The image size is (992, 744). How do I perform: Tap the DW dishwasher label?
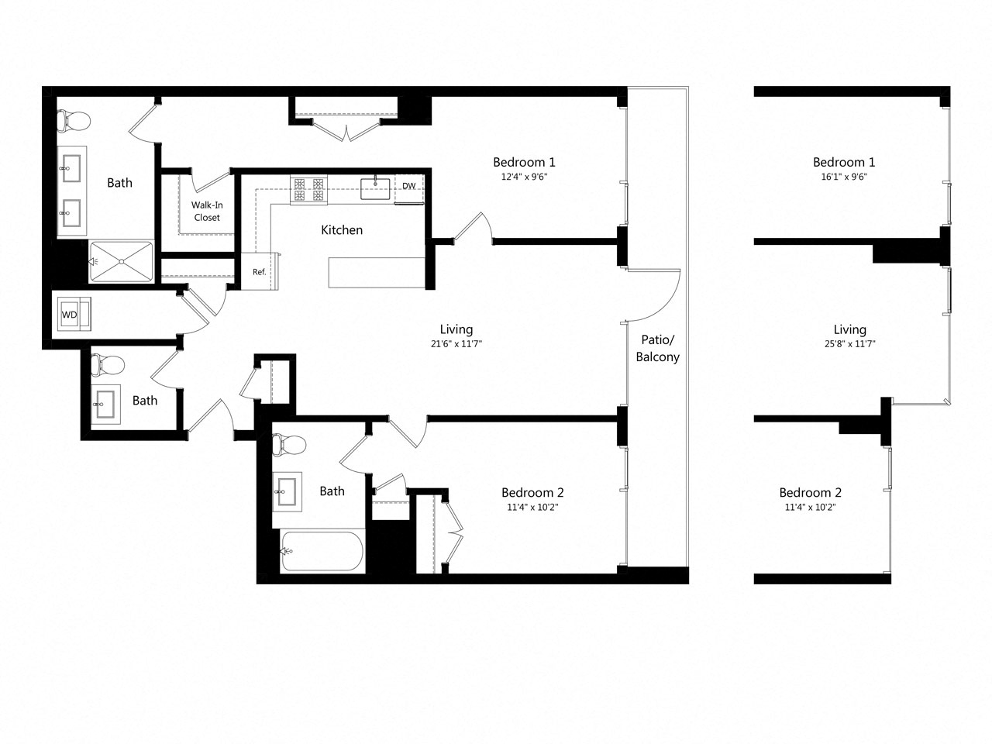(x=408, y=186)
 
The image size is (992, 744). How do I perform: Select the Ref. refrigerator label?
(x=259, y=272)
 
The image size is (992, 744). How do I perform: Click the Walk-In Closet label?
(x=207, y=211)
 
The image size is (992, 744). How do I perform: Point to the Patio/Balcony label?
(x=657, y=348)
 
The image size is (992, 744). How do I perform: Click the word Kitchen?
(x=342, y=229)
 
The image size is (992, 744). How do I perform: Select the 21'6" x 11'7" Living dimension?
(x=456, y=343)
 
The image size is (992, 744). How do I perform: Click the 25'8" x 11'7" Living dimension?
(x=849, y=343)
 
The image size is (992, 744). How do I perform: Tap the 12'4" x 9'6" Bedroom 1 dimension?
(x=524, y=176)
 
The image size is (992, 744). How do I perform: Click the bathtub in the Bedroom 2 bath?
(x=322, y=551)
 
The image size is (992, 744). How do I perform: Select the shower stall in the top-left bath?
(x=121, y=261)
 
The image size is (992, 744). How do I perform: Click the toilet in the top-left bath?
(x=74, y=120)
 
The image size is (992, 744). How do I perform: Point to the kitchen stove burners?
(x=308, y=190)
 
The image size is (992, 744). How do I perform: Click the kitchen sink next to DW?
(x=375, y=188)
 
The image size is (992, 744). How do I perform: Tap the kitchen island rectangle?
(x=377, y=272)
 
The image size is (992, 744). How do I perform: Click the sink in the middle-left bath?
(x=106, y=404)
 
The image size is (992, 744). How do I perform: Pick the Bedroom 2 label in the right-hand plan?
(x=810, y=493)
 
